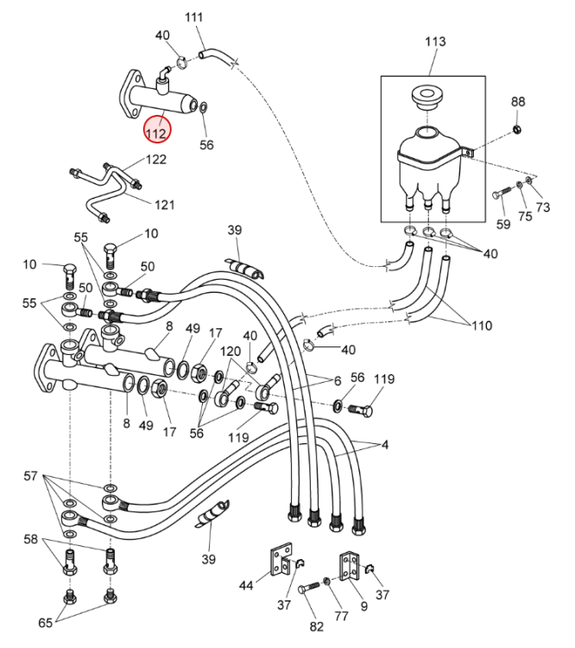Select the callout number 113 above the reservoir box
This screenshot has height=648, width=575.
click(436, 41)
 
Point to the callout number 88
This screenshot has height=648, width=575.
click(518, 102)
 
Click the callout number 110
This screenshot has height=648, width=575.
click(481, 326)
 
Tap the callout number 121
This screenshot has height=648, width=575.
click(165, 206)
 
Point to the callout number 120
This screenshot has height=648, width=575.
click(231, 353)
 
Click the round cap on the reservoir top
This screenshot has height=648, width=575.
click(425, 94)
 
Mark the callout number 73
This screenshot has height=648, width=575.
click(542, 207)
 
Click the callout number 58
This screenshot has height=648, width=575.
click(31, 539)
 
